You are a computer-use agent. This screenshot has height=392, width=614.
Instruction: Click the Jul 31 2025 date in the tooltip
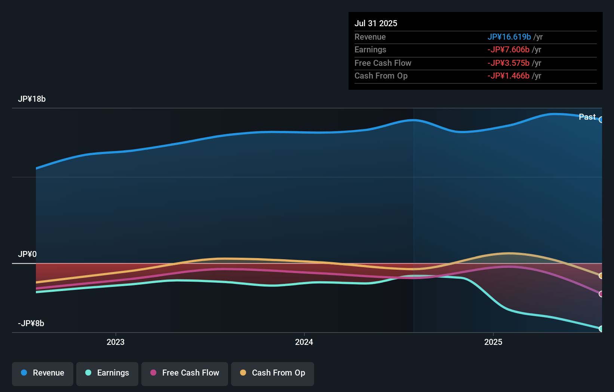click(375, 23)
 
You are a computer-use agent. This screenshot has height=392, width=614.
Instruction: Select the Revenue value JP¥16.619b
click(509, 37)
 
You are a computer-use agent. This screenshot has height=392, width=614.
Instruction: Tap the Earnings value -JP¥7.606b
click(508, 50)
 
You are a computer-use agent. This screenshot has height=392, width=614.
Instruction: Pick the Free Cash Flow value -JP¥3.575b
click(508, 63)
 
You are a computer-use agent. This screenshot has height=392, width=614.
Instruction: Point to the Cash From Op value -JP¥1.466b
click(508, 76)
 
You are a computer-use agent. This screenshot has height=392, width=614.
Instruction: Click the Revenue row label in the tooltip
click(370, 37)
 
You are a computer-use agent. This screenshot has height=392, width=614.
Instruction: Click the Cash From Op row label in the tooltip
click(381, 76)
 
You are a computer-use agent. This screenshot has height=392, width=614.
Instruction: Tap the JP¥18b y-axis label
click(32, 99)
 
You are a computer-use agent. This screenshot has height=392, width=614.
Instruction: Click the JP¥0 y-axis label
click(27, 254)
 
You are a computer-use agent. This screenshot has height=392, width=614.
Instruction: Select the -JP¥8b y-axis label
click(31, 324)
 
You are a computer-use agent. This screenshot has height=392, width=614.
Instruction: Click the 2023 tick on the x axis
click(116, 342)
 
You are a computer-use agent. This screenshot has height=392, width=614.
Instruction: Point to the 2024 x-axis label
click(304, 342)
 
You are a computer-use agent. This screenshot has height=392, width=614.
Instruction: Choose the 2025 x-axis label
click(493, 342)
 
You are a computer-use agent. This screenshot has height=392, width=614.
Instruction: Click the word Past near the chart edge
click(587, 117)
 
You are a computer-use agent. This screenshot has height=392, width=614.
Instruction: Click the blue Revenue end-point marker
click(601, 120)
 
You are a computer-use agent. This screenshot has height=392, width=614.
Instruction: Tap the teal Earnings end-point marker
click(601, 329)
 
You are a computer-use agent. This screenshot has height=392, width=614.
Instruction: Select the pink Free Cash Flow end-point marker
click(601, 294)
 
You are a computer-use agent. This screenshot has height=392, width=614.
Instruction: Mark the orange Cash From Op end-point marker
click(601, 276)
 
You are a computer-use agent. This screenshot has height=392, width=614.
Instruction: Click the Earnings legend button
click(107, 373)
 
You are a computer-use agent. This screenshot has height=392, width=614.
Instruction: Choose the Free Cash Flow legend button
click(185, 373)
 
